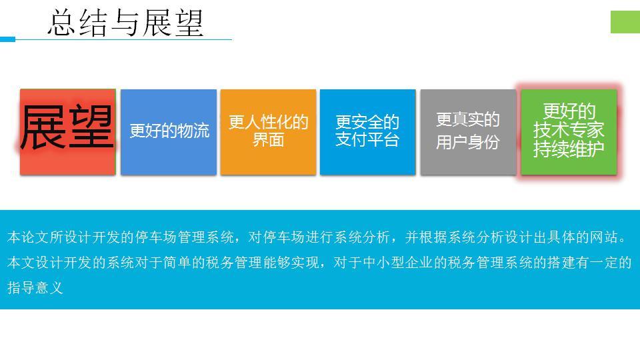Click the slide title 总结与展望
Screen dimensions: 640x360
tap(125, 23)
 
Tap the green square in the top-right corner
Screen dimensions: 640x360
tap(625, 21)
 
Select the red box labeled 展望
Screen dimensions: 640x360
tap(68, 132)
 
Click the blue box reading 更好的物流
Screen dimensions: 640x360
tap(169, 132)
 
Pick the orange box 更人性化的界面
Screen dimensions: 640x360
tap(268, 132)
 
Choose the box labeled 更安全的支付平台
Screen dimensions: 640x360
tap(368, 132)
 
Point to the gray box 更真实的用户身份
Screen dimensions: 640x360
tap(468, 132)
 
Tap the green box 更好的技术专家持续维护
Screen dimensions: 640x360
tap(569, 132)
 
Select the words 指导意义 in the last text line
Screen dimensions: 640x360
tap(35, 288)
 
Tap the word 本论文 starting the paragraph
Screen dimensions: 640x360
tap(28, 237)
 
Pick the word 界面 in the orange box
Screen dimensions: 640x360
tap(268, 139)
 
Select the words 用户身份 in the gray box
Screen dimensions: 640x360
tap(468, 142)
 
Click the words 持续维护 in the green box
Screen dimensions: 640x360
tap(569, 149)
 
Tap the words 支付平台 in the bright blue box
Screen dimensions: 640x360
tap(367, 139)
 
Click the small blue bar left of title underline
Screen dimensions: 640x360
tap(7, 39)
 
